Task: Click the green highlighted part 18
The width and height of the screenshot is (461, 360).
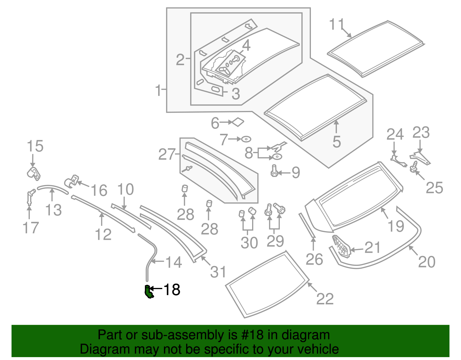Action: coord(148,292)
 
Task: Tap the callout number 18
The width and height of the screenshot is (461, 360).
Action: coord(172,289)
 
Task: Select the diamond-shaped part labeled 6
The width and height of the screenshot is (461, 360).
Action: coord(238,122)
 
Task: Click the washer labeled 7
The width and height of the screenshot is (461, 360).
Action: coord(246,139)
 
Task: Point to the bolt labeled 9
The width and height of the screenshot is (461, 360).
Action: coord(274,171)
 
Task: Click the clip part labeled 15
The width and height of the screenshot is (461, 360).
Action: coord(34,173)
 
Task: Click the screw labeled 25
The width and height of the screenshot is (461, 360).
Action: coord(414,167)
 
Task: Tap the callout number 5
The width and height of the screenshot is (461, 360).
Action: coord(336,142)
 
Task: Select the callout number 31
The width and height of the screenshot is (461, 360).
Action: coord(218,272)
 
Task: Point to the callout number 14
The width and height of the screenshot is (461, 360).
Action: coord(174,262)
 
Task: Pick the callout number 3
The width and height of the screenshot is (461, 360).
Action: coord(236,94)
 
